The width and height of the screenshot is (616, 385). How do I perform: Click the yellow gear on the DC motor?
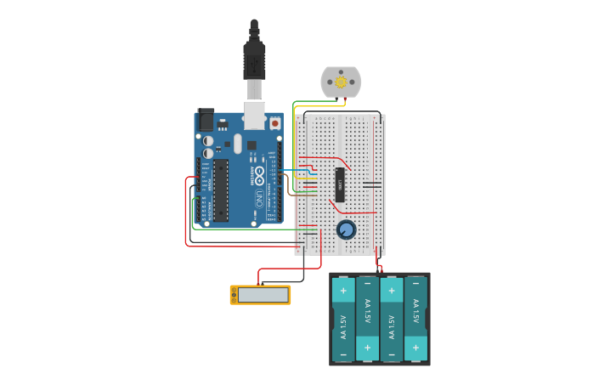(x=341, y=82)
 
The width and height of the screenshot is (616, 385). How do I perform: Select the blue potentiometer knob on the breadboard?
(x=346, y=229)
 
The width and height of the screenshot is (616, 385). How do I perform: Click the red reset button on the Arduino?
(x=274, y=123)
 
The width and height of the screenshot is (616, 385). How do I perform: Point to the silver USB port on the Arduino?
(x=254, y=114)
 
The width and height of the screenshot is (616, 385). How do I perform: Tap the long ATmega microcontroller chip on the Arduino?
(x=220, y=190)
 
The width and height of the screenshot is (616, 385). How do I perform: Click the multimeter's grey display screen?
(x=263, y=295)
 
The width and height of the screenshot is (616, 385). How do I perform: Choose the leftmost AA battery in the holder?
(x=343, y=319)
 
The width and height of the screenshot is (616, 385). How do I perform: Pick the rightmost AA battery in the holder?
(x=415, y=319)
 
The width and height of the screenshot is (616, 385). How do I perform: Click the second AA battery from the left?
(x=368, y=319)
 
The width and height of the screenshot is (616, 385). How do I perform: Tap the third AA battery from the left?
(x=392, y=319)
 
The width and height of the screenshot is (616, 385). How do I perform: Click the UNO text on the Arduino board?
(x=258, y=200)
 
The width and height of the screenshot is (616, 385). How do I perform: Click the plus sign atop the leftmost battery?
(x=343, y=291)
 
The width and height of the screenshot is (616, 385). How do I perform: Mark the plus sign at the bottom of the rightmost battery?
(x=415, y=348)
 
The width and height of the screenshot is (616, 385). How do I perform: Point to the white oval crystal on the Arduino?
(x=238, y=144)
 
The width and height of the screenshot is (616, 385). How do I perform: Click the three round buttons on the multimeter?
(x=234, y=295)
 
